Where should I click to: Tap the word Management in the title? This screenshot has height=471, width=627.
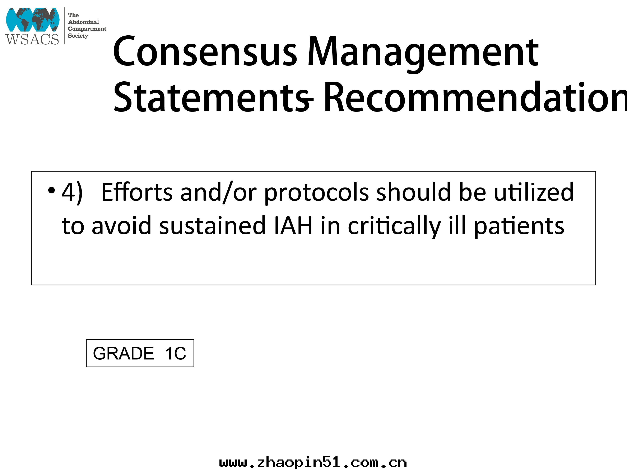tap(423, 54)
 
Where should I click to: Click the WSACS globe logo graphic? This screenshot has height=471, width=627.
tap(33, 20)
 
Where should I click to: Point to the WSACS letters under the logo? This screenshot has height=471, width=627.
tap(32, 39)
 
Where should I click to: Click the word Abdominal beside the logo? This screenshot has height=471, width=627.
tap(83, 22)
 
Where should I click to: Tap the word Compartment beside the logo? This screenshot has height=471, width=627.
tap(87, 29)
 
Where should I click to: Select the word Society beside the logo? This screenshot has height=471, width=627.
tap(78, 36)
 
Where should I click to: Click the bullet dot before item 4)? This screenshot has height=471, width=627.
tap(51, 190)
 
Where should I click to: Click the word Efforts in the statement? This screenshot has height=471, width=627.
tap(137, 192)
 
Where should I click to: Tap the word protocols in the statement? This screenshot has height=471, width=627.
tap(317, 193)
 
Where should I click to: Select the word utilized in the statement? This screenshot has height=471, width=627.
tap(534, 192)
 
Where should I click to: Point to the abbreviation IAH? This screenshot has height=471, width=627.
tap(293, 226)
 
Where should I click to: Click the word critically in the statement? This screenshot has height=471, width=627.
tap(394, 227)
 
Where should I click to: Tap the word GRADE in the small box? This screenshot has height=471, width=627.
tap(123, 353)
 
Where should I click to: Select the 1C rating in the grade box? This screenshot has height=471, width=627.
tap(176, 353)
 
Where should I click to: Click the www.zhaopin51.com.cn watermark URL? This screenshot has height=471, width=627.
tap(313, 463)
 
